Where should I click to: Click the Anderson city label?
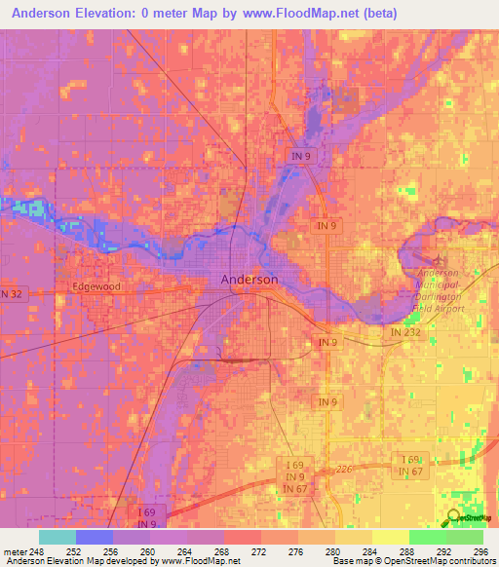point(249,279)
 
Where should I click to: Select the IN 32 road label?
point(11,293)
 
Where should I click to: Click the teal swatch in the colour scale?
point(57,537)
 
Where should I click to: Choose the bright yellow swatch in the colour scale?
point(390,537)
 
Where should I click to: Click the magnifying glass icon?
point(454,518)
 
